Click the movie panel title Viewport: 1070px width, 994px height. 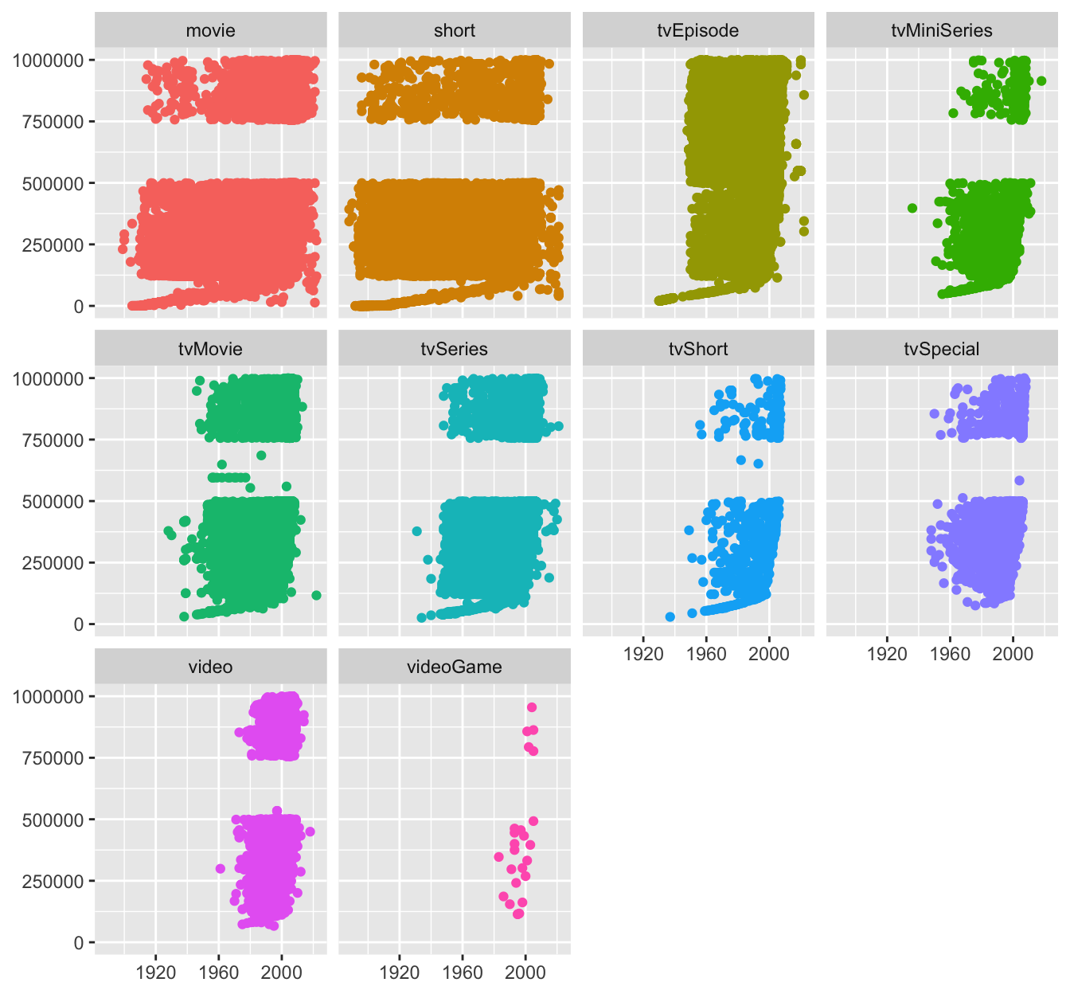(210, 30)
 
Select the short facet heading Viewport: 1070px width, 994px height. (454, 30)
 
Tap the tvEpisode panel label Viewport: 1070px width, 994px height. (697, 30)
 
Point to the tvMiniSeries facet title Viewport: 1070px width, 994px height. (942, 30)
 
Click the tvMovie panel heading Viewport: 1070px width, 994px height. (210, 349)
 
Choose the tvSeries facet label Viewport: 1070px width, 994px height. (454, 349)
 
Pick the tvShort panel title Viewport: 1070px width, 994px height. (697, 349)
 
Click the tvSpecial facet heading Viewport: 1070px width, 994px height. (942, 349)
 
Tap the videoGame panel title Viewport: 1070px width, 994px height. (454, 667)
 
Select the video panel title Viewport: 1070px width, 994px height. (210, 667)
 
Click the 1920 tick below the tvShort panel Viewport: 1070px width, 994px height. (643, 654)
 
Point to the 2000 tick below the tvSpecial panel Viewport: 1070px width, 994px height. (1013, 654)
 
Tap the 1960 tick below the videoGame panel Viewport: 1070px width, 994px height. (463, 972)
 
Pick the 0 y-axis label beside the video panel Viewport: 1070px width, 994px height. (78, 943)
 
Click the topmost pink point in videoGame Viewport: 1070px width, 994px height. (532, 707)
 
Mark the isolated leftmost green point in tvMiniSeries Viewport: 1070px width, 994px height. (912, 208)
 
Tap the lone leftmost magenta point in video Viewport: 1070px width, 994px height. (221, 868)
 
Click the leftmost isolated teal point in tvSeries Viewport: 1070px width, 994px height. (416, 531)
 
